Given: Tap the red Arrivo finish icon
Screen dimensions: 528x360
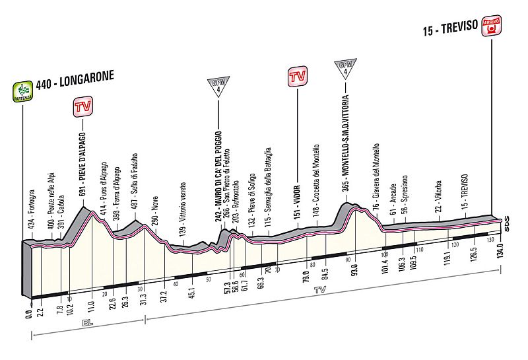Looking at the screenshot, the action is tap(492, 26).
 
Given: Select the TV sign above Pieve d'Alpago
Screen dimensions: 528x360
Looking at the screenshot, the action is tap(83, 107).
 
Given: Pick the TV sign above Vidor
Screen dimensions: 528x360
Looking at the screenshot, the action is tap(298, 76).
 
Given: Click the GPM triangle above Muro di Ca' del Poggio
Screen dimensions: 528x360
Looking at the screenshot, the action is tap(218, 86).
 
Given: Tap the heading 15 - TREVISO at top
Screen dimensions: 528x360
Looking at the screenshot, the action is tap(451, 27).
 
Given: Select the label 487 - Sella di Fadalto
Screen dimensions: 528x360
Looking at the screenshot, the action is tap(135, 182).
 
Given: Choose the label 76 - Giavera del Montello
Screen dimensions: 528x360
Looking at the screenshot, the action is tap(376, 178).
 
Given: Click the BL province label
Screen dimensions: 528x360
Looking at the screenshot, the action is tap(88, 323).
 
